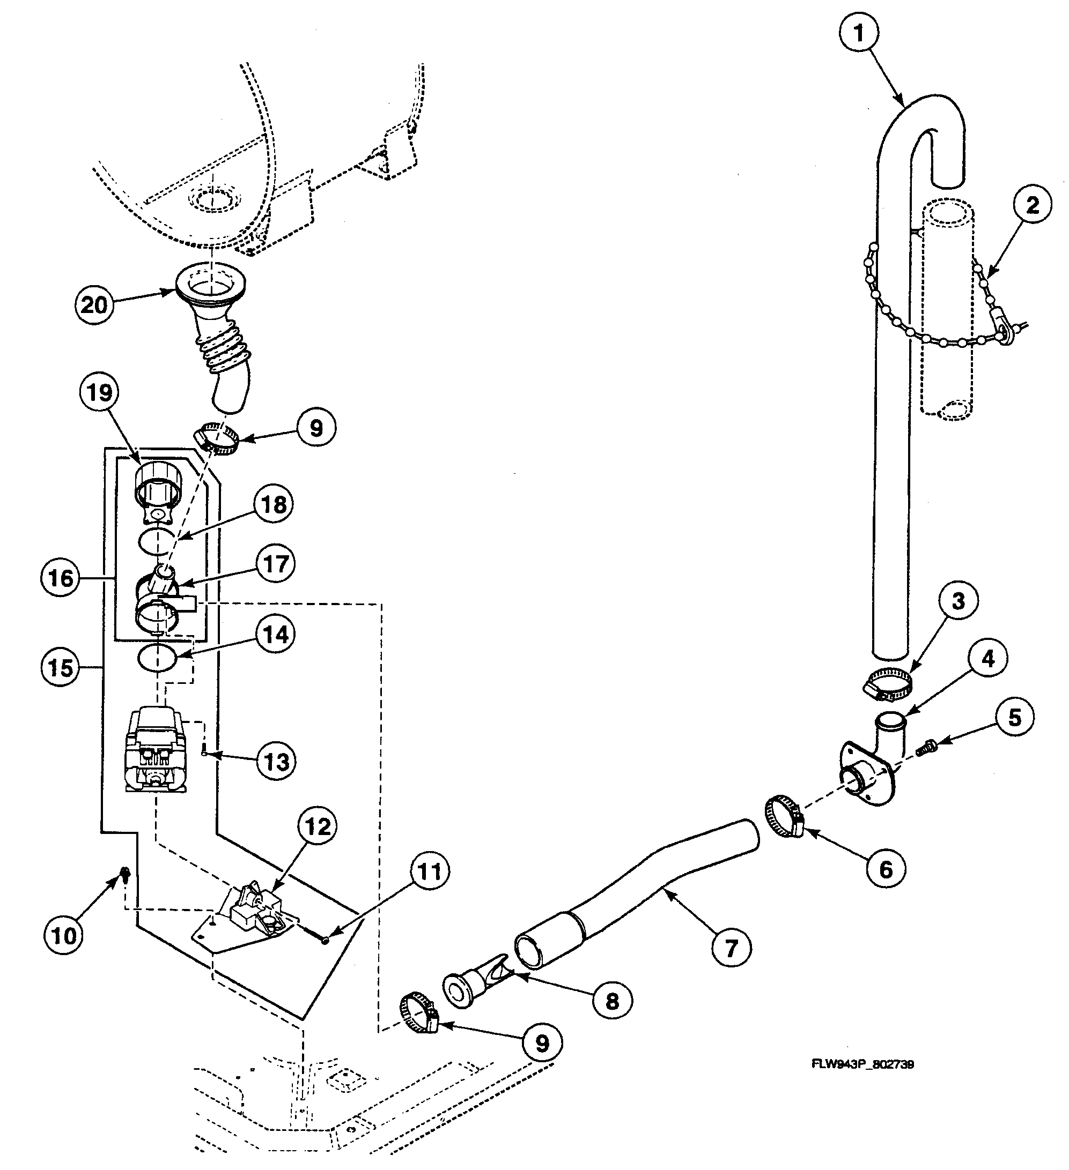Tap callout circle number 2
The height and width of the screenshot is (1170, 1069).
[x=1033, y=205]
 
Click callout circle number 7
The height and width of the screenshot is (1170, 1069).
[x=731, y=948]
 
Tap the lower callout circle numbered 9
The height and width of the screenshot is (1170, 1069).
[x=541, y=1044]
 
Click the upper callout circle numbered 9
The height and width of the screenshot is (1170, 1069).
[x=316, y=428]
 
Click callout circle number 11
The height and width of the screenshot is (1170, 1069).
[x=430, y=871]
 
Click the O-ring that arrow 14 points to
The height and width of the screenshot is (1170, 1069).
[x=157, y=659]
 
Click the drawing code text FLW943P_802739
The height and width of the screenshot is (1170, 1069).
[x=862, y=1064]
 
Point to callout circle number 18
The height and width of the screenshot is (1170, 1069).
[x=274, y=504]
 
